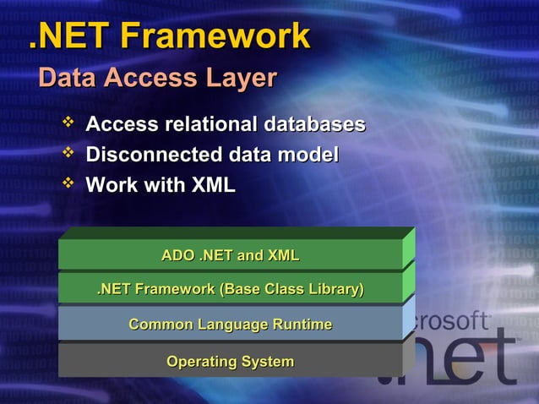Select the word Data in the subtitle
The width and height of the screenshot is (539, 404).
coord(67,79)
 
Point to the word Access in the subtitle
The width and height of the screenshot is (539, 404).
coord(150,79)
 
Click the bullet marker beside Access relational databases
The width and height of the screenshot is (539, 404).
coord(69,124)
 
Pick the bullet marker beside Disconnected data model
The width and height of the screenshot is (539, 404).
coord(69,154)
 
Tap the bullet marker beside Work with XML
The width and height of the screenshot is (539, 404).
coord(69,183)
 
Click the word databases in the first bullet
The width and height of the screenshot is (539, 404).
coord(314,125)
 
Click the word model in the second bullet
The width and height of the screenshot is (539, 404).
coord(309,156)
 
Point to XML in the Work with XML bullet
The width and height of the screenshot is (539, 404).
coord(213,185)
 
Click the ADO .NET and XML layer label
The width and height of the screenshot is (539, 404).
coord(230,255)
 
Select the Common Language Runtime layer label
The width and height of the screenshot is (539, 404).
coord(230,325)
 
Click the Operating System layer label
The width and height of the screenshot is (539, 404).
coord(230,362)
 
